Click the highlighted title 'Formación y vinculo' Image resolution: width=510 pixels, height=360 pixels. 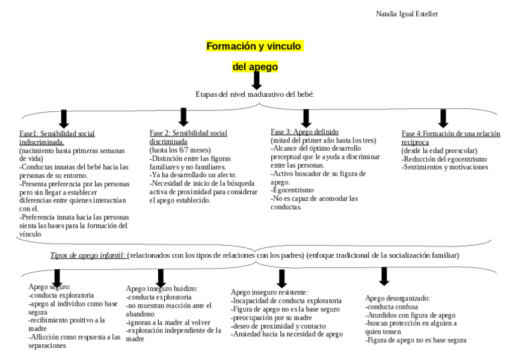(255, 46)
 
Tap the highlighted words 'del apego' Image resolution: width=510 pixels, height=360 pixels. (255, 67)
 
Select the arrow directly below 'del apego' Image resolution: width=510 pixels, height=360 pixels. (256, 81)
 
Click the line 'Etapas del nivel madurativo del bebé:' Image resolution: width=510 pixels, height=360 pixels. (255, 94)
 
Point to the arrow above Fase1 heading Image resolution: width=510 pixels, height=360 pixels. (63, 118)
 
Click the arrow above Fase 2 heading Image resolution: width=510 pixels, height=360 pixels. (183, 117)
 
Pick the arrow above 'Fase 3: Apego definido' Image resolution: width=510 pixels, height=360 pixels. (306, 117)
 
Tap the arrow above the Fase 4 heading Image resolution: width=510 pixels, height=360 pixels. (443, 118)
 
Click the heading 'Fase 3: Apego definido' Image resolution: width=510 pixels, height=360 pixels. (304, 132)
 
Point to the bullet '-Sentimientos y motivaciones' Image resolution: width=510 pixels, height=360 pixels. (444, 167)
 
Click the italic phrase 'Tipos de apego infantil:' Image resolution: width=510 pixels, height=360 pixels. (88, 255)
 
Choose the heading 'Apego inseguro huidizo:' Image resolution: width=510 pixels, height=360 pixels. (161, 289)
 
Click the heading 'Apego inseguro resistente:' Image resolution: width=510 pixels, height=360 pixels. (269, 292)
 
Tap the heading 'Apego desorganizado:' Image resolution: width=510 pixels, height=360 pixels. (399, 298)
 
